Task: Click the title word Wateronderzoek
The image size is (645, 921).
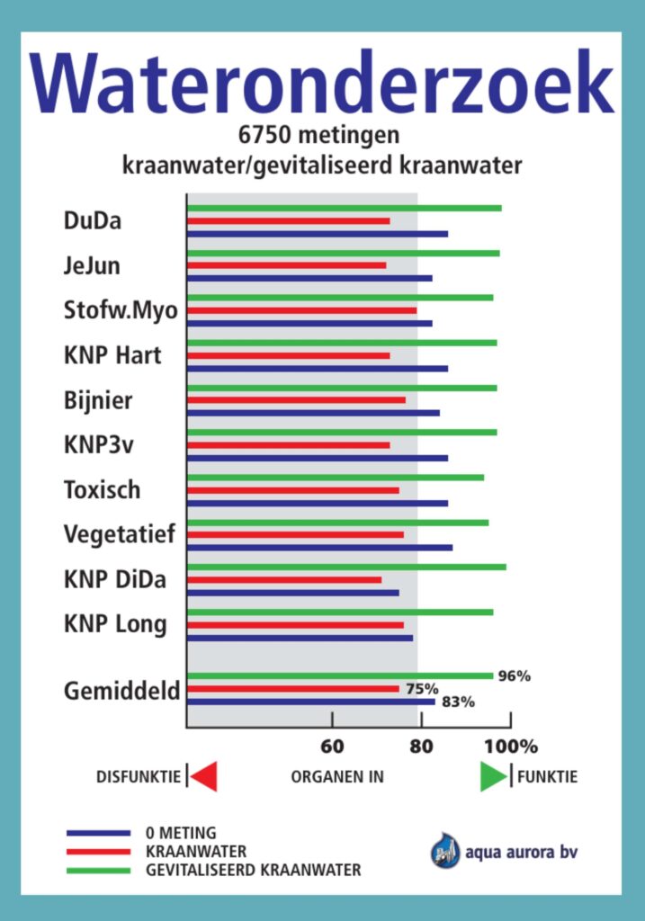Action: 322,83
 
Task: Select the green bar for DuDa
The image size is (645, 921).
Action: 344,208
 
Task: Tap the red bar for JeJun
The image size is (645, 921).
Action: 286,265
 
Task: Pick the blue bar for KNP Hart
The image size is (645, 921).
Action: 317,368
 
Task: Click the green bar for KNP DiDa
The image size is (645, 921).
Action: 346,567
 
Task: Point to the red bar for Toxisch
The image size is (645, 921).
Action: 292,490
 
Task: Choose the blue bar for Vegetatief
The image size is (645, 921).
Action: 319,547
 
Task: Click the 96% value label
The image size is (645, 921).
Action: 515,676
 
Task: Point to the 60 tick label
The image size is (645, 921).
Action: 333,746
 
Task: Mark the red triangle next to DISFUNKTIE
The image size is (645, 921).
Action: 204,776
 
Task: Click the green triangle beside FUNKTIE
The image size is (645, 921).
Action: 493,776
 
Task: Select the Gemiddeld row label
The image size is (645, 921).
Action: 122,691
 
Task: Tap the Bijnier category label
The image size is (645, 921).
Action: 98,400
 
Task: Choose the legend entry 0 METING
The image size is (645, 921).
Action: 180,833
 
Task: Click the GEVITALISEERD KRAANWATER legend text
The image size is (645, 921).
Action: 253,870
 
